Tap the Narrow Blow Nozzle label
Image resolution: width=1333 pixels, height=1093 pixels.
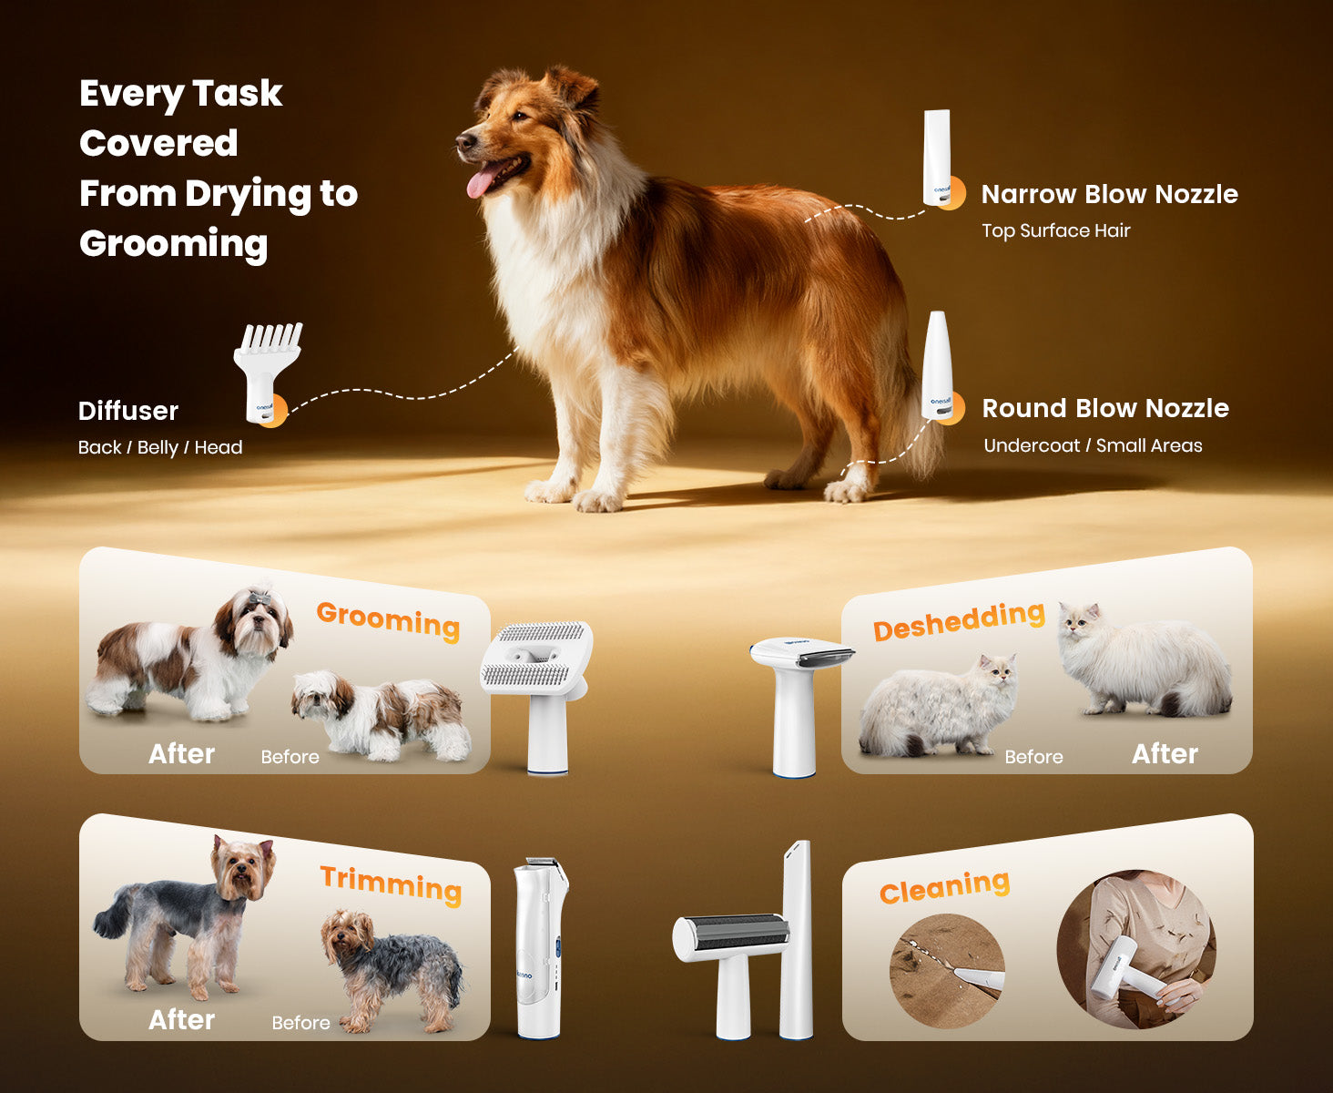pos(1109,194)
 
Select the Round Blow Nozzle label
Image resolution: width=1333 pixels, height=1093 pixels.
pos(1105,408)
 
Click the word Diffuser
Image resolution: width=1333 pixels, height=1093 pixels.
pos(128,411)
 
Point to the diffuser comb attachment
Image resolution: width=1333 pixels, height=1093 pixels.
pos(267,372)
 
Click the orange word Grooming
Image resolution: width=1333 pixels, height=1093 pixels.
pos(388,621)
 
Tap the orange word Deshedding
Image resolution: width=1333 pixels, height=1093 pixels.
pos(959,621)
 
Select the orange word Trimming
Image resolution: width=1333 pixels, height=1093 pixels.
pos(392,884)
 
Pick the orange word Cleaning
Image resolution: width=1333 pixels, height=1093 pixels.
pos(944,886)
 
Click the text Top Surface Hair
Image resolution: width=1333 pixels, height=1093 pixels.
pos(1056,230)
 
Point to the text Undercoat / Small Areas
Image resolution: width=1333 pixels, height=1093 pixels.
pos(1093,445)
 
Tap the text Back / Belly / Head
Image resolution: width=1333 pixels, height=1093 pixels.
pos(160,447)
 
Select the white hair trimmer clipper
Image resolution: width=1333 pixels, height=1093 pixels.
pos(540,947)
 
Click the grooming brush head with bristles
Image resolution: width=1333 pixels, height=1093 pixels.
pos(537,659)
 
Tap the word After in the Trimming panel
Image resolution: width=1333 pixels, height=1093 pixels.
pos(181,1019)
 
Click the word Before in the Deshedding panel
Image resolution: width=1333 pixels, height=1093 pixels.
pos(1034,757)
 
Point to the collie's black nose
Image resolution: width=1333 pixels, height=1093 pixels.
pos(464,141)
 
